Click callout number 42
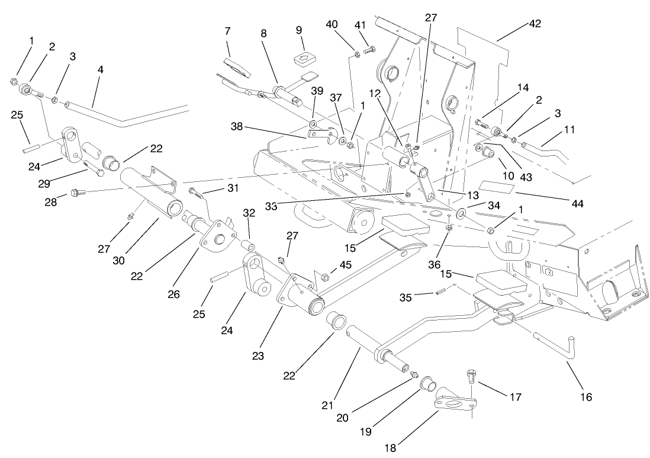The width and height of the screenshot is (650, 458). (535, 24)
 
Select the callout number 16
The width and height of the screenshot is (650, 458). (585, 396)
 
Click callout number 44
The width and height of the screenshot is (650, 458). (578, 203)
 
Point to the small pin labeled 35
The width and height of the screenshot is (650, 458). (439, 291)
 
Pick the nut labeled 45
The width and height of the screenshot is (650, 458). (324, 276)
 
